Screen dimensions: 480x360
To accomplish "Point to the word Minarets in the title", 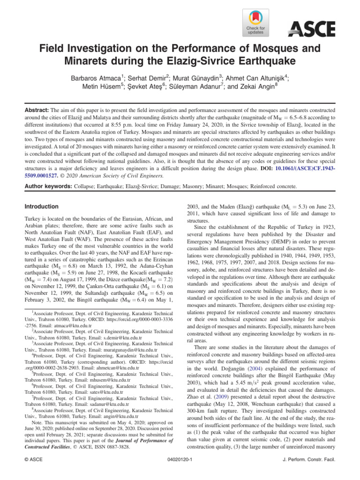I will point(96,61).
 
